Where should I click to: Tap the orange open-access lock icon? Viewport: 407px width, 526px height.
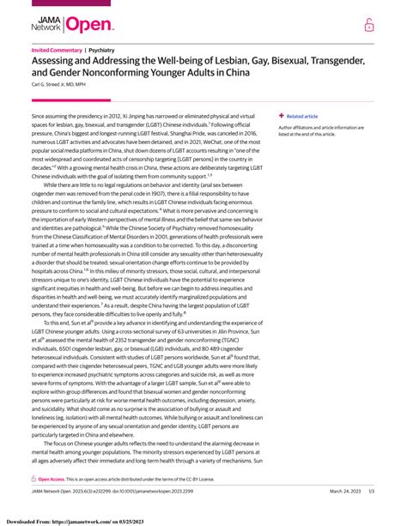click(x=369, y=26)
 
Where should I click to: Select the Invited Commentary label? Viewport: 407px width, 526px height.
click(x=57, y=51)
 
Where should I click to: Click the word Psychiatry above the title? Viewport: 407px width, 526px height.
click(x=104, y=51)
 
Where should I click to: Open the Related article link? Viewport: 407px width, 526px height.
click(x=302, y=116)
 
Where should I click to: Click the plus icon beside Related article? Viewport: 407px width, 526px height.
click(x=281, y=116)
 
